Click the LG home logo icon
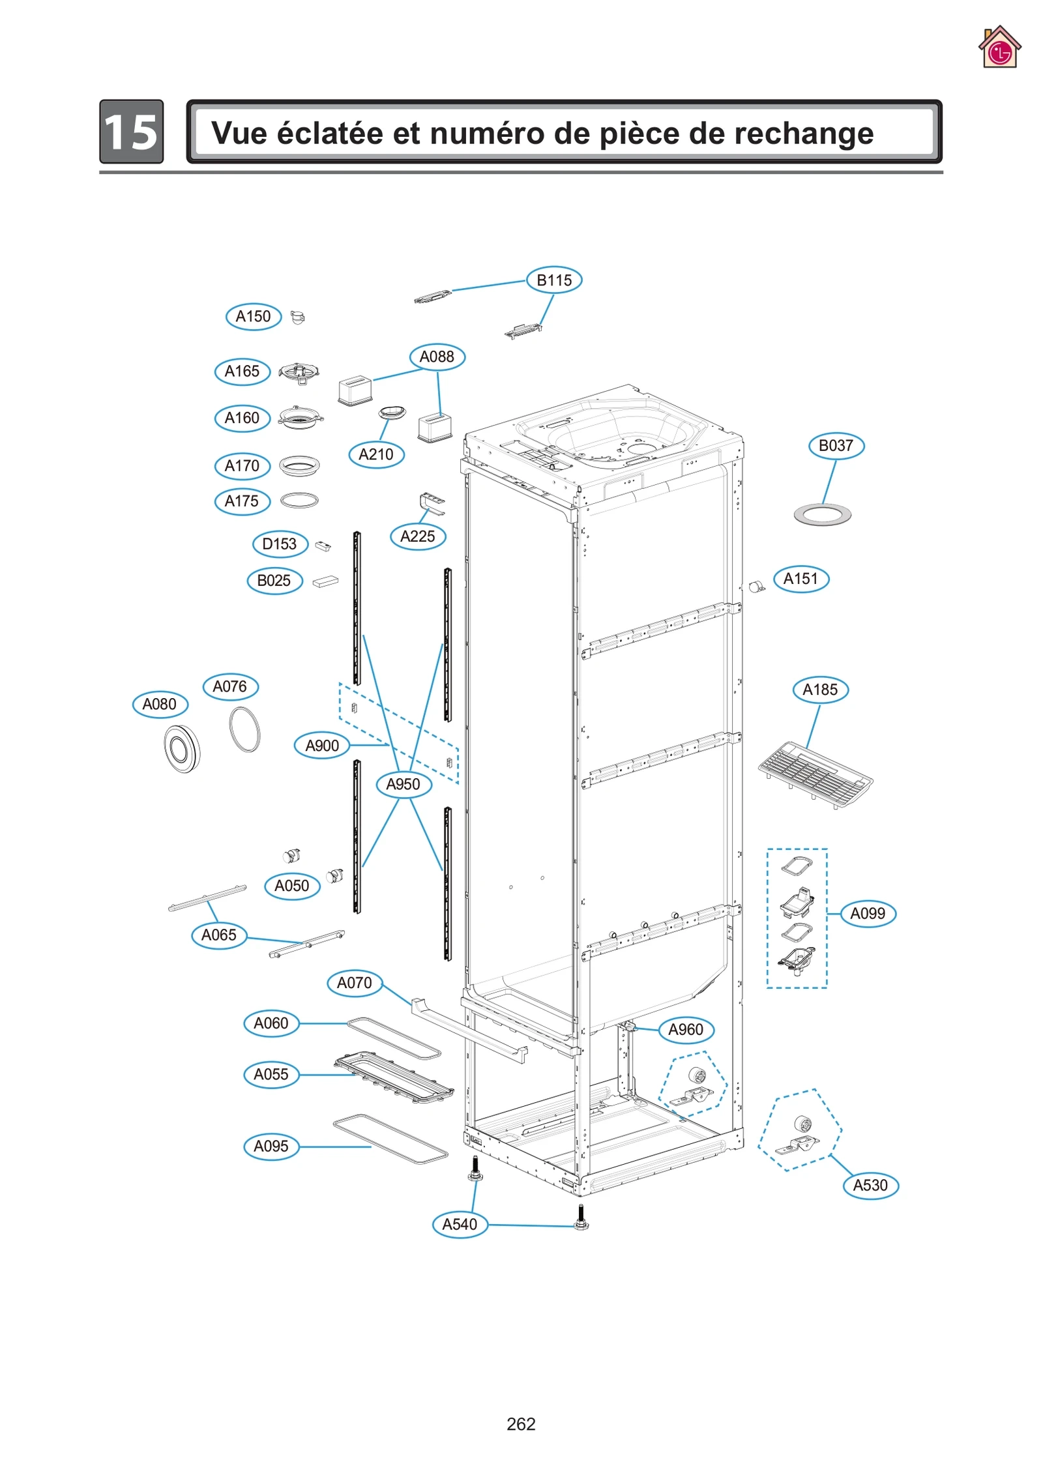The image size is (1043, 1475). [x=999, y=48]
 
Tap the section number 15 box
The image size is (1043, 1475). [x=131, y=132]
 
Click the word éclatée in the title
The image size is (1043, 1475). [x=329, y=133]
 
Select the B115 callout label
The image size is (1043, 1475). [x=553, y=280]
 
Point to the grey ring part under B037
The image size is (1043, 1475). [x=822, y=515]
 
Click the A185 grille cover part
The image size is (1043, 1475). [x=815, y=774]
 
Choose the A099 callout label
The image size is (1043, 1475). [x=868, y=913]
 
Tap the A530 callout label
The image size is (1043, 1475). [x=870, y=1185]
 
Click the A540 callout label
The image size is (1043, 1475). [x=460, y=1224]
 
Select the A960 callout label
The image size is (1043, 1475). [x=686, y=1029]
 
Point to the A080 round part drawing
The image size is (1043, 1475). [x=181, y=748]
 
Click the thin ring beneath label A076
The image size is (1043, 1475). [x=245, y=729]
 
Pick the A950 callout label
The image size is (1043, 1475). [x=404, y=784]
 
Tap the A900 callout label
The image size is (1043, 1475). [x=322, y=745]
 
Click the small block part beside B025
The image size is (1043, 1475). [x=325, y=581]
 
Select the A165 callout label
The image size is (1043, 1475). [x=242, y=372]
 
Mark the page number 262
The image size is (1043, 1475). [x=521, y=1424]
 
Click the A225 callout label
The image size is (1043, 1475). [x=417, y=536]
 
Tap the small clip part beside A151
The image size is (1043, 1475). [x=756, y=587]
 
